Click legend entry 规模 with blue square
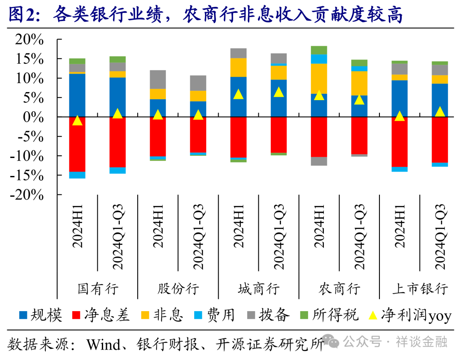pos(41,315)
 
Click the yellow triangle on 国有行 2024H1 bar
pos(77,121)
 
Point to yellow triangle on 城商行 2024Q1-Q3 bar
pos(279,92)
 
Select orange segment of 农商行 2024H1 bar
pos(319,78)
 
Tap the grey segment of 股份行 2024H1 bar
pos(158,79)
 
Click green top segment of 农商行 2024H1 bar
pos(319,50)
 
